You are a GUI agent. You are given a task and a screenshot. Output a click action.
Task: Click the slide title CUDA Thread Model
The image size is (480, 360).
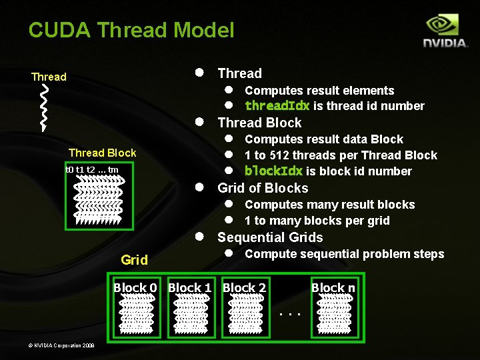point(131,30)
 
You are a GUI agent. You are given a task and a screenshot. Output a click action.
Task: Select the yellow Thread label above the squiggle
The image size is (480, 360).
point(49,77)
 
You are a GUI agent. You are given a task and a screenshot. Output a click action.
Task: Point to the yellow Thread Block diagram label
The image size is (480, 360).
point(102,153)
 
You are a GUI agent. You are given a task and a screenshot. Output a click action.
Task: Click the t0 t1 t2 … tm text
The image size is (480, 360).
point(92,169)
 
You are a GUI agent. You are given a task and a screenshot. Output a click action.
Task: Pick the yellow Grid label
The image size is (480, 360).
point(134,260)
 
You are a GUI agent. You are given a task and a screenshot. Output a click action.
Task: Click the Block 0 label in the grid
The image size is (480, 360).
point(135,288)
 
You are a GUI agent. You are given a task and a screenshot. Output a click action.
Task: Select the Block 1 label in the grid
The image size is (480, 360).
point(190,288)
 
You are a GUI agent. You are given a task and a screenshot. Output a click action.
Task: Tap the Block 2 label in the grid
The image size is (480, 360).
point(244,288)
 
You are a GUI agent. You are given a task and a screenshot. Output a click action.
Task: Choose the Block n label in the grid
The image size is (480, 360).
point(333,288)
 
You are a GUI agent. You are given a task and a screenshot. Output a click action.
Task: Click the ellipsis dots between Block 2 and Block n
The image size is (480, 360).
point(289,313)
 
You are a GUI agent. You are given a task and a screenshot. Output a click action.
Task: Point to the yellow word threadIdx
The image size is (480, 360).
point(277,106)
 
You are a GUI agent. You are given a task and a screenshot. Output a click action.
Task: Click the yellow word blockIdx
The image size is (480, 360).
point(274,171)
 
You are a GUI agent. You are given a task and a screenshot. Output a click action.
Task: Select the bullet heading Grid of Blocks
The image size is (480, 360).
point(263,188)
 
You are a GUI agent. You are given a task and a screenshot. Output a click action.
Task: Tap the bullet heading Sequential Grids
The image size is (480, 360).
point(270,237)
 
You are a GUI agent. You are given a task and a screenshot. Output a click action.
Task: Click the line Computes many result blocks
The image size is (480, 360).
point(329,205)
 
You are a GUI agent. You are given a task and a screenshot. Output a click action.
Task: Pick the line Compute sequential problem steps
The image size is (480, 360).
point(344,254)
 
